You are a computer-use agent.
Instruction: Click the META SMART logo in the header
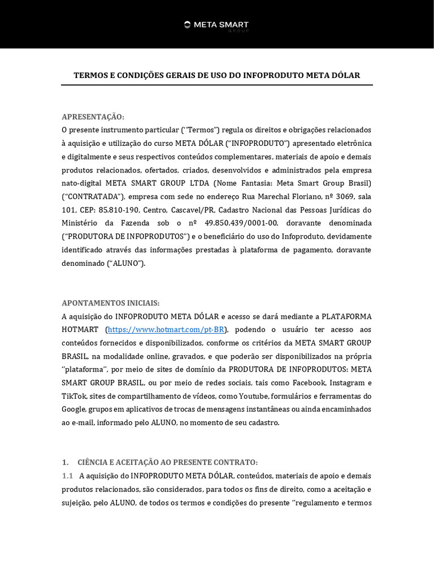tap(216, 25)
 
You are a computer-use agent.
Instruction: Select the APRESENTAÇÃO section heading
tap(93, 116)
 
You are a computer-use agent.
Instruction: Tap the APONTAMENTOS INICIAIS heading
tap(110, 303)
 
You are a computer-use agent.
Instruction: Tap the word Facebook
tap(308, 383)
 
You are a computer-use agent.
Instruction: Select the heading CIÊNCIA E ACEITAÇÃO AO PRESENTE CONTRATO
tap(167, 462)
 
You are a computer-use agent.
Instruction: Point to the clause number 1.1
tap(68, 476)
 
